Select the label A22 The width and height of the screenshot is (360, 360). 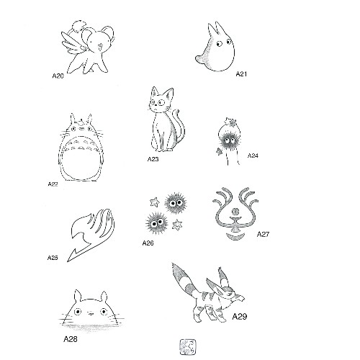click(53, 184)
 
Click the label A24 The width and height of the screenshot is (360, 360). click(253, 156)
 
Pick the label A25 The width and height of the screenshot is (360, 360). click(53, 257)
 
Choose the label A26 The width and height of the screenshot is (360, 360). click(148, 243)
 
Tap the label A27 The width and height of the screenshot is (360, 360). click(264, 234)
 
